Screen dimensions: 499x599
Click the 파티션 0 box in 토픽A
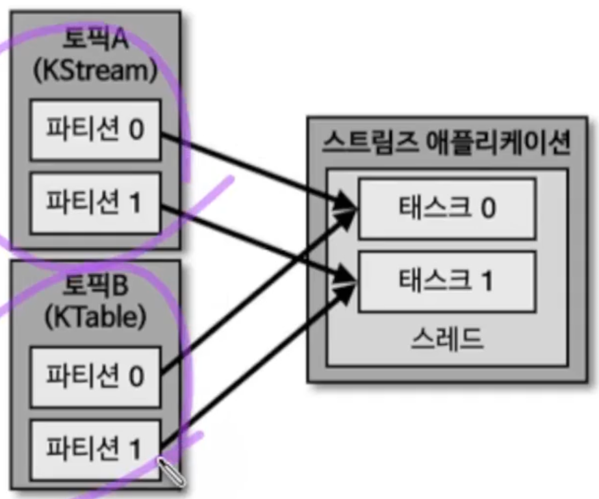coord(95,130)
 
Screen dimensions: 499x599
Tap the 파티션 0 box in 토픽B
coord(95,376)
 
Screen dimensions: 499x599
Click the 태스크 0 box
coord(447,209)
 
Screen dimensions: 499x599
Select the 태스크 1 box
coord(447,281)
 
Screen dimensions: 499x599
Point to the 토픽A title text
coord(96,40)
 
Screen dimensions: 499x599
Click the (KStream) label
coord(96,70)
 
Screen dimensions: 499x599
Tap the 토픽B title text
coord(96,287)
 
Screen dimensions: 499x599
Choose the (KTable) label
coord(96,317)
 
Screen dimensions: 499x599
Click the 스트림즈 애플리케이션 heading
coord(446,141)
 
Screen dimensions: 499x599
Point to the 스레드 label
coord(447,339)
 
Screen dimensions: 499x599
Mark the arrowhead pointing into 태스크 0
coord(348,209)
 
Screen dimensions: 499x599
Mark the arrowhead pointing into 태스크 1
coord(348,280)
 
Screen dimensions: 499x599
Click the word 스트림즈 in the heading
coord(364,141)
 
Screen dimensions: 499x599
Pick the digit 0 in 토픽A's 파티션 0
coord(136,130)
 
